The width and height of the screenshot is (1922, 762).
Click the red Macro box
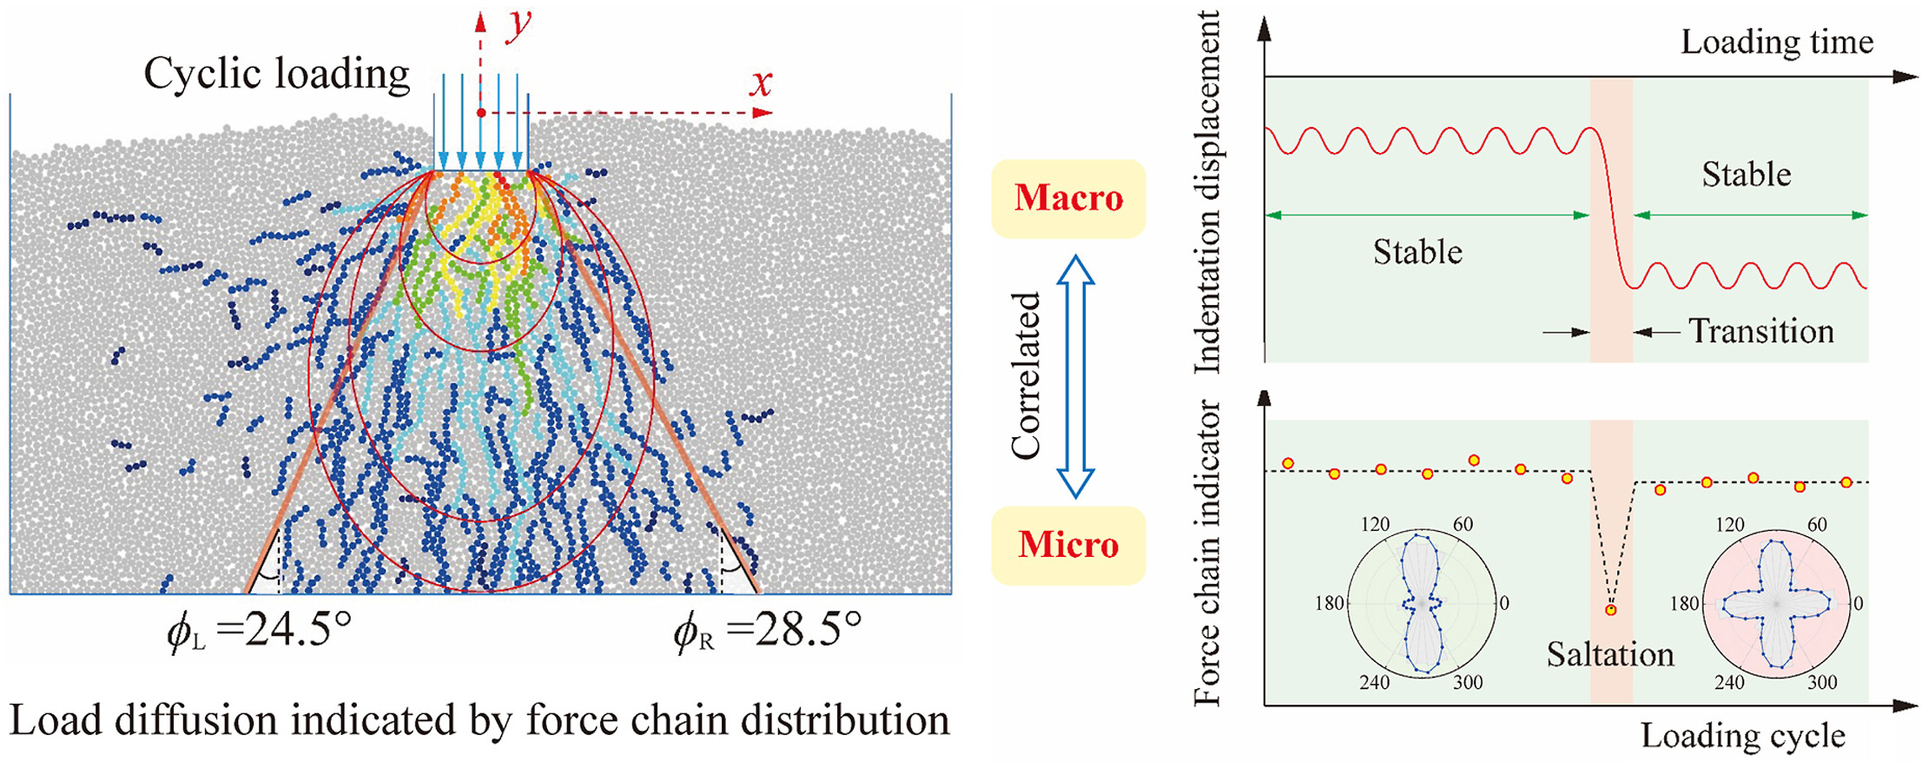coord(1068,198)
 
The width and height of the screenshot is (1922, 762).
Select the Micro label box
coord(1068,545)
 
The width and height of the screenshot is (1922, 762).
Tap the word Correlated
coord(1027,375)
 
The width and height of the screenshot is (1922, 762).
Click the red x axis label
coord(761,83)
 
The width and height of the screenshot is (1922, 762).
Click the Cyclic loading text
coord(276,74)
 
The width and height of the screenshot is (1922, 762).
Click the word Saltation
coord(1610,654)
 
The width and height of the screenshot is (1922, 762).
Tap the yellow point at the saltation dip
coord(1611,610)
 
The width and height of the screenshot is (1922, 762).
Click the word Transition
coord(1760,331)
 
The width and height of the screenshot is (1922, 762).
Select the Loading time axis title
coord(1777,42)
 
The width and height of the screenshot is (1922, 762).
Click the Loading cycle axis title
coord(1742,735)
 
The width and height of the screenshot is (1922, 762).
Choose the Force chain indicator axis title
coord(1208,553)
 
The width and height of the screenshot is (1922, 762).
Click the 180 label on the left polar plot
coord(1330,603)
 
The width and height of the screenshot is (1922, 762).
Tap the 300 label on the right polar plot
coord(1822,682)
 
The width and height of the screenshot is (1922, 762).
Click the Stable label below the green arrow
coord(1417,252)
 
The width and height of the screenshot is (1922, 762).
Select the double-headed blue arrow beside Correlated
coord(1075,375)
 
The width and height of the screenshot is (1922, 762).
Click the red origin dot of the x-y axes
coord(481,113)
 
